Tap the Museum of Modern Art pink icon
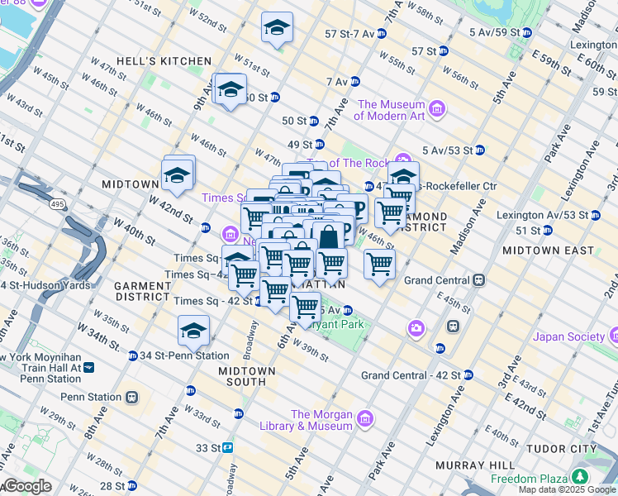[x=437, y=110]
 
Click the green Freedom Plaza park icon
[x=580, y=479]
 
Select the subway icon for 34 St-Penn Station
[x=133, y=356]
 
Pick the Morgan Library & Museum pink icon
[x=366, y=420]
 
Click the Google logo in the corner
[x=26, y=486]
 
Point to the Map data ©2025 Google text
[x=568, y=489]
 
